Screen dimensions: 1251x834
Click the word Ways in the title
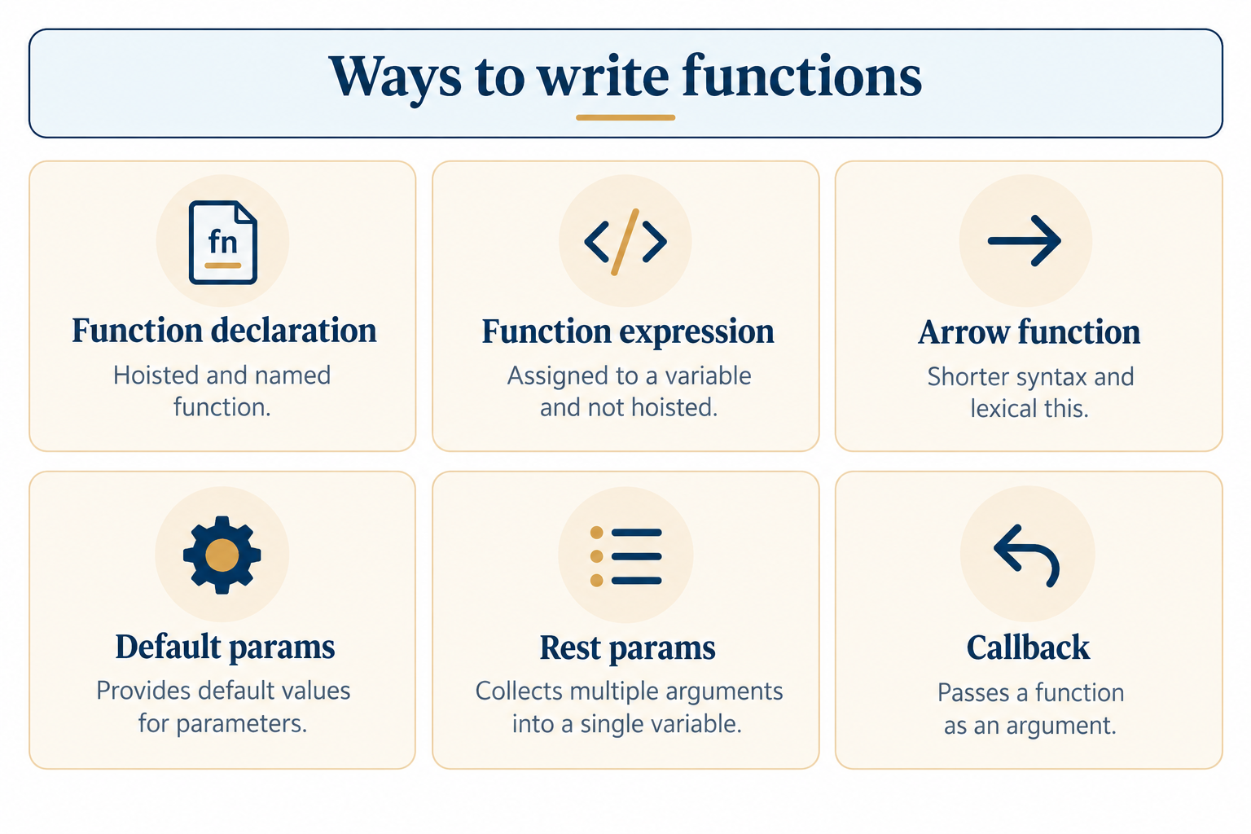pyautogui.click(x=395, y=77)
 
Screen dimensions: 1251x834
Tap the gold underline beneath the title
pyautogui.click(x=625, y=117)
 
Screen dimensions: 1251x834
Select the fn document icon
pyautogui.click(x=223, y=243)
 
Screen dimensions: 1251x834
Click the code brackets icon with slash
pyautogui.click(x=625, y=242)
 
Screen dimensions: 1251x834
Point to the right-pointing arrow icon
pyautogui.click(x=1025, y=241)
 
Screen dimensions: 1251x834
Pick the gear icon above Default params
pyautogui.click(x=222, y=555)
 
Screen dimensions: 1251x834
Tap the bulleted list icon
pyautogui.click(x=626, y=556)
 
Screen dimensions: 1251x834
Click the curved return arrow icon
pyautogui.click(x=1026, y=555)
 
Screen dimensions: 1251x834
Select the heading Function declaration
pyautogui.click(x=225, y=330)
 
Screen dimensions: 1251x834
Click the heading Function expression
pyautogui.click(x=628, y=332)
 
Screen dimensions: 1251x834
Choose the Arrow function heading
pyautogui.click(x=1029, y=332)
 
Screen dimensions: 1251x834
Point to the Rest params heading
pyautogui.click(x=627, y=648)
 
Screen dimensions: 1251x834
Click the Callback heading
pyautogui.click(x=1028, y=647)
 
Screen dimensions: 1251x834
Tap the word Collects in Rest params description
pyautogui.click(x=518, y=691)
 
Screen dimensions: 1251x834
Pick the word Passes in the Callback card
pyautogui.click(x=974, y=692)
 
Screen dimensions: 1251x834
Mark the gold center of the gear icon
pyautogui.click(x=222, y=555)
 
